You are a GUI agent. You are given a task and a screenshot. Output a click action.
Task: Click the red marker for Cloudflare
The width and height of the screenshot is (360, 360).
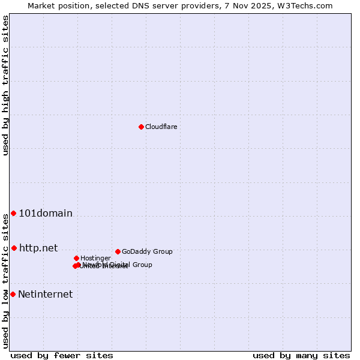(x=141, y=127)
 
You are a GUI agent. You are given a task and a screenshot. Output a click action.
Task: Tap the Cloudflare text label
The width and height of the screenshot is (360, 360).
(x=161, y=127)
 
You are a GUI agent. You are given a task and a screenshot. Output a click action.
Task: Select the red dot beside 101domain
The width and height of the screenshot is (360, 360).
(x=13, y=214)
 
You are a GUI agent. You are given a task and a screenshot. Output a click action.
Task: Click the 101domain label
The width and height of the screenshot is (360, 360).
(x=46, y=214)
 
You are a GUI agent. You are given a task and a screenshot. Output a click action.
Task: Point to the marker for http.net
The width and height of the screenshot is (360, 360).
(x=14, y=248)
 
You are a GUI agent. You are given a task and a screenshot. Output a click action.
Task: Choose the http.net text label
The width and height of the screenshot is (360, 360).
(x=38, y=248)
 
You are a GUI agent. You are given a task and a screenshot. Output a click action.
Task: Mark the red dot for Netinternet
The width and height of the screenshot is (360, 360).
(x=13, y=294)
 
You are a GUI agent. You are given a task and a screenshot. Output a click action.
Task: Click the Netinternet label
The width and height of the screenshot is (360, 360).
(x=45, y=294)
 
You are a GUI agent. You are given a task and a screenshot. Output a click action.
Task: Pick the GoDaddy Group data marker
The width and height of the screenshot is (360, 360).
(x=118, y=251)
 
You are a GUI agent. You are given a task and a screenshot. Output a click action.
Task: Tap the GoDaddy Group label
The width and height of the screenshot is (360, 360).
(x=147, y=251)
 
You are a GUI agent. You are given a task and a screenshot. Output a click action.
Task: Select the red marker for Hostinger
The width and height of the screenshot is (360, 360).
(x=76, y=258)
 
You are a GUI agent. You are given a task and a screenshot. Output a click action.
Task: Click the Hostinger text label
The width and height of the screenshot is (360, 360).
(x=95, y=258)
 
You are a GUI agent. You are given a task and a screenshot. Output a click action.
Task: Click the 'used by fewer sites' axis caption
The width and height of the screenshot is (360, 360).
(x=62, y=356)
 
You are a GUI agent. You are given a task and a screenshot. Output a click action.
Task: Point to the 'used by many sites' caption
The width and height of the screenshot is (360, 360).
(x=301, y=356)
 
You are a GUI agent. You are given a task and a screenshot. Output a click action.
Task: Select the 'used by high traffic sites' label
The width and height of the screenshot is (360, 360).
(x=5, y=85)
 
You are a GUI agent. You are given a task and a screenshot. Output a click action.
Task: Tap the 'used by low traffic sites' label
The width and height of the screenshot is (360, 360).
(x=5, y=281)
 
